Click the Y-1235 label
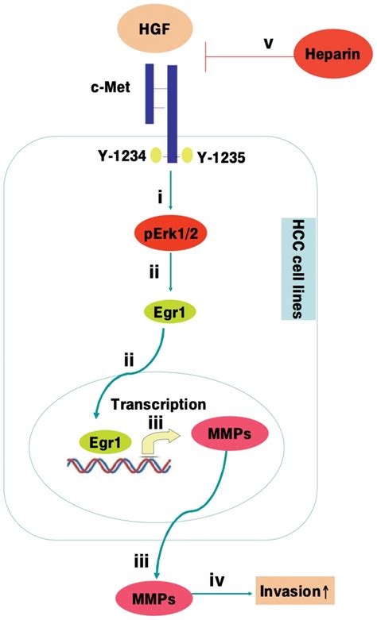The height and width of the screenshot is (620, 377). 220,157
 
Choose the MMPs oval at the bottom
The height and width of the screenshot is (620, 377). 146,595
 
